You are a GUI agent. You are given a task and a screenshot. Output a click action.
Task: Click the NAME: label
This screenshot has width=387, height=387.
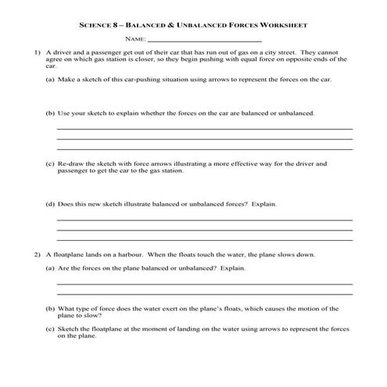[135, 38]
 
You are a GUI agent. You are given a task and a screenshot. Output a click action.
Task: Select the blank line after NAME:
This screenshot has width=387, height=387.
[204, 40]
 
